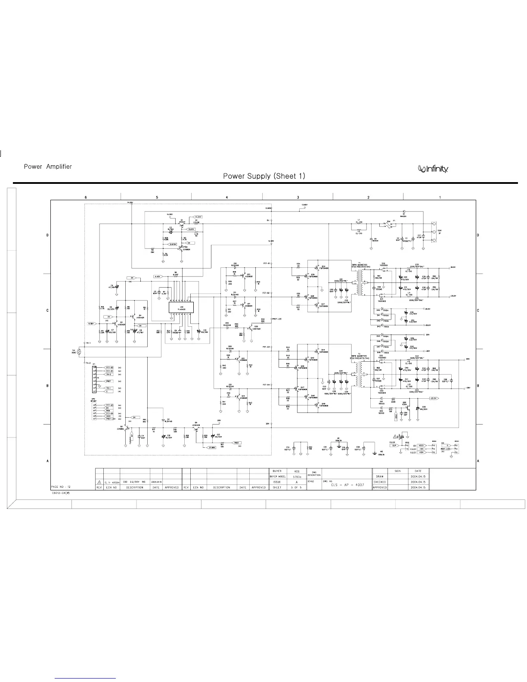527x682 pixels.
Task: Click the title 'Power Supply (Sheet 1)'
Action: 264,176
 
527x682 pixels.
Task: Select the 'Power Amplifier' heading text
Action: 48,167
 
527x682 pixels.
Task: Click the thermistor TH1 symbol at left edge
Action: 79,352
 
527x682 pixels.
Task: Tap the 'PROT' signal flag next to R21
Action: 236,442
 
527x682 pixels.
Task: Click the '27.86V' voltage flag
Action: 211,447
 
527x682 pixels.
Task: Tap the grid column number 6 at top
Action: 86,197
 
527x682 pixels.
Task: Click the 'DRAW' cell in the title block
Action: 379,477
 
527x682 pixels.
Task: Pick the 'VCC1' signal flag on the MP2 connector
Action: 109,416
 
